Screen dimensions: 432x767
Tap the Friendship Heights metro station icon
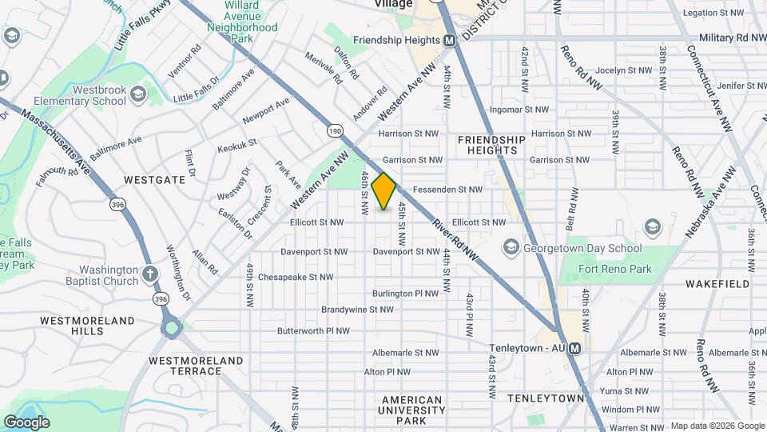click(450, 40)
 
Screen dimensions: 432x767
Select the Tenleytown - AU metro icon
click(587, 348)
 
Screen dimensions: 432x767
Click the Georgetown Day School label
click(582, 247)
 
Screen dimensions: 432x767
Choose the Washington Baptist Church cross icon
click(149, 276)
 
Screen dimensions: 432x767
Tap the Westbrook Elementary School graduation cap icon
click(138, 96)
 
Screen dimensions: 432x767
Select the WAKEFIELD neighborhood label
click(717, 284)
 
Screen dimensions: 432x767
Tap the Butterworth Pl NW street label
click(313, 330)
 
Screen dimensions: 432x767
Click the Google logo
click(26, 422)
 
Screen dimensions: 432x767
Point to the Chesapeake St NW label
click(295, 278)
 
